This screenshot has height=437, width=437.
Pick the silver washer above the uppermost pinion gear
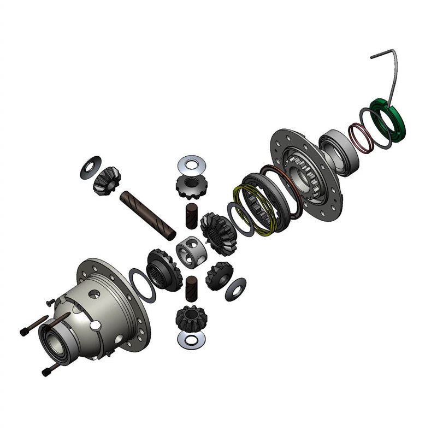pos(192,162)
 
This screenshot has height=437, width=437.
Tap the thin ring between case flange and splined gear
pos(143,285)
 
